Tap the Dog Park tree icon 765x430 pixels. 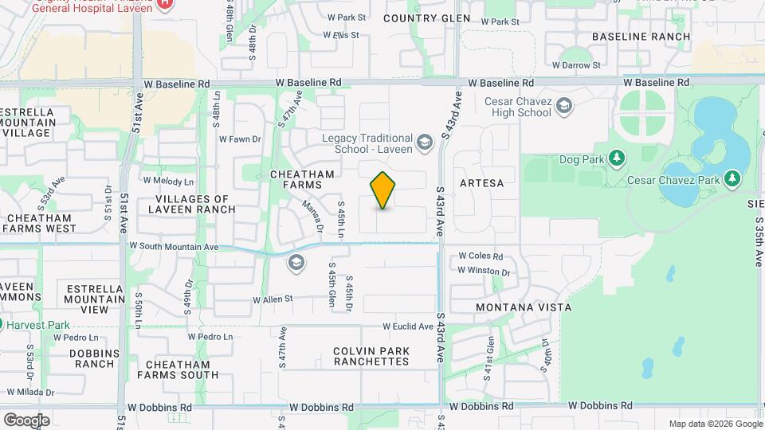click(x=616, y=158)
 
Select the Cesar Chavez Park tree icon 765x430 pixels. click(x=732, y=180)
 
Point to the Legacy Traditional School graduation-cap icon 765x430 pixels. click(x=425, y=143)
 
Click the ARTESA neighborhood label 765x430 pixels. click(x=482, y=183)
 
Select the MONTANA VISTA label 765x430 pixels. click(x=524, y=307)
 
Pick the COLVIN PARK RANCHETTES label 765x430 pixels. click(x=371, y=356)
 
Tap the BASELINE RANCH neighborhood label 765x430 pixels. click(x=641, y=37)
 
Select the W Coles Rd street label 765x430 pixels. click(x=481, y=256)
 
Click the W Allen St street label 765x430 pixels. click(x=273, y=299)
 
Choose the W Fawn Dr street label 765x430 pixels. click(x=240, y=139)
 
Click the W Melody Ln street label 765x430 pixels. click(x=168, y=181)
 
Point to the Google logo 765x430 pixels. click(x=26, y=420)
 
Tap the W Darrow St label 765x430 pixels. click(x=578, y=65)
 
